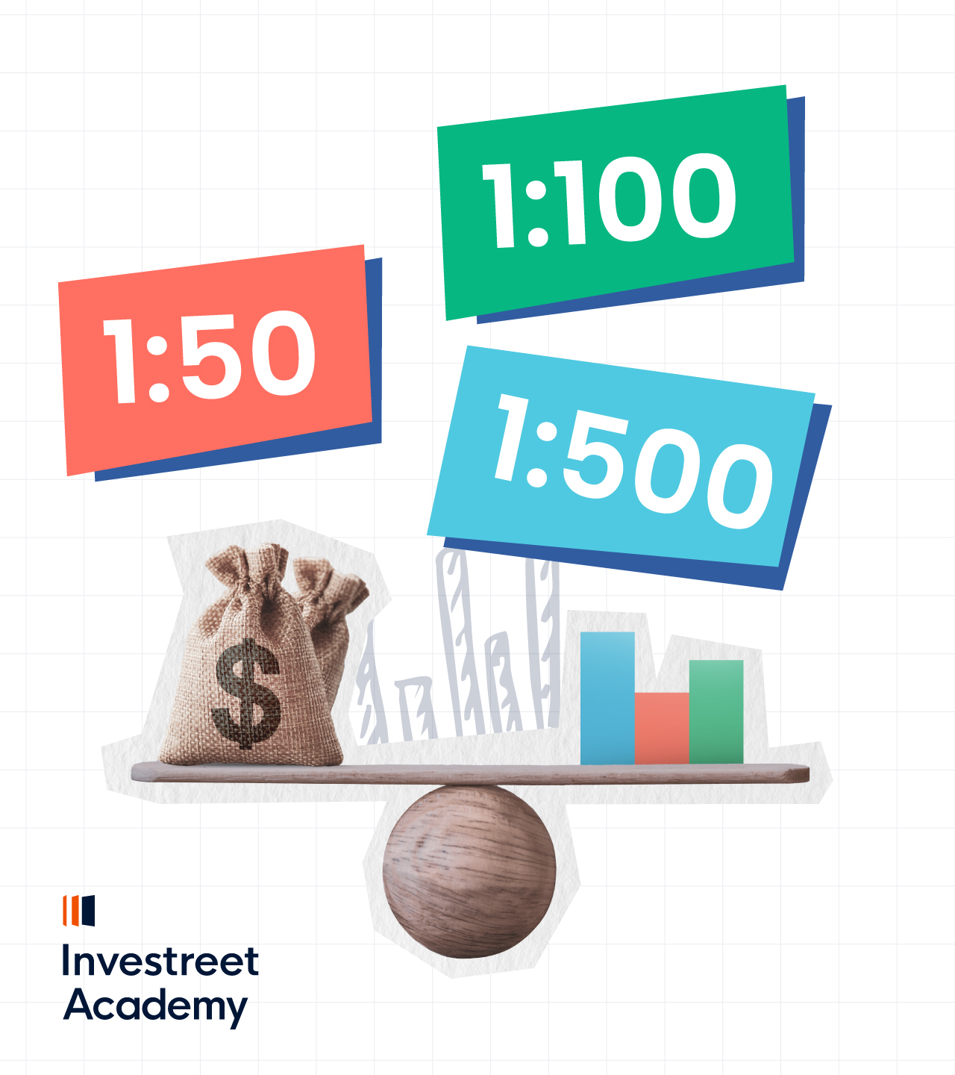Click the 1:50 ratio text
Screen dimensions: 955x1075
(x=210, y=357)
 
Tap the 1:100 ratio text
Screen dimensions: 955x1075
(x=610, y=200)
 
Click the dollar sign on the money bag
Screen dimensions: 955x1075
(x=247, y=693)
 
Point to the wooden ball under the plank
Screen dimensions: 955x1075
(x=469, y=872)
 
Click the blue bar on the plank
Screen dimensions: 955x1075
(x=607, y=698)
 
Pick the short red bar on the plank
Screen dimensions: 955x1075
(x=662, y=729)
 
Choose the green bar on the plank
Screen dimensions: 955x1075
(x=716, y=712)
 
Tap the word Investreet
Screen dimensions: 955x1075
(x=160, y=960)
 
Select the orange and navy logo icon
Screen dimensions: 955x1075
(x=78, y=911)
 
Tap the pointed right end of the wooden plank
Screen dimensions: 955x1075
(x=810, y=773)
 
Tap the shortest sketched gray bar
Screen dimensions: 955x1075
(x=416, y=709)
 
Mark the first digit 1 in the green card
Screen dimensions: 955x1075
(x=498, y=205)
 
